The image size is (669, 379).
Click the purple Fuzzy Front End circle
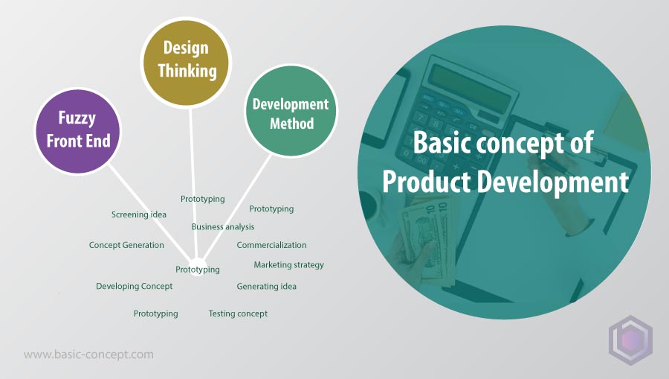point(77,131)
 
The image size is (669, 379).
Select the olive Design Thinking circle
point(186,62)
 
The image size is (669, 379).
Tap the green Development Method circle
point(291,110)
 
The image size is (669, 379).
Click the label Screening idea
point(139,214)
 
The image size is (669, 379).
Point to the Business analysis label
point(223,227)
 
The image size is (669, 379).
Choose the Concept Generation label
point(126,245)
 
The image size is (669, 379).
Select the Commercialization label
point(271,245)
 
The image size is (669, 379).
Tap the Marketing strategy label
point(289,265)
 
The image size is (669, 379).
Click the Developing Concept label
point(134,286)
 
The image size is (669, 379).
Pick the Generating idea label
point(266,286)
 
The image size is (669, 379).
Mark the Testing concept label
point(238,313)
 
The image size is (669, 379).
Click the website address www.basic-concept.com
point(88,354)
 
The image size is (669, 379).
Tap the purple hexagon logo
point(630,340)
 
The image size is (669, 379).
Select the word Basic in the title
point(442,142)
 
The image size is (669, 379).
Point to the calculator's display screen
point(469,86)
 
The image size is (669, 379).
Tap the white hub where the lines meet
point(198,267)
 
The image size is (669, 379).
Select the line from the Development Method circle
point(237,207)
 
